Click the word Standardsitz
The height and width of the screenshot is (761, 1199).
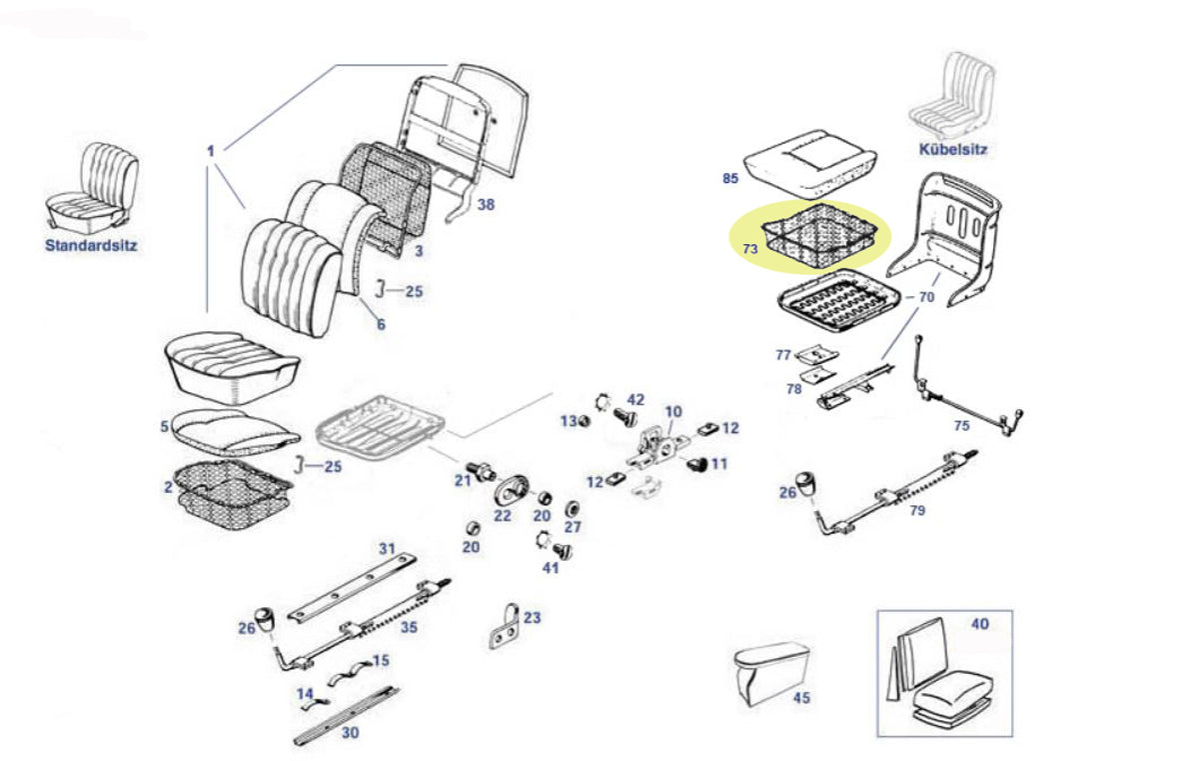click(91, 244)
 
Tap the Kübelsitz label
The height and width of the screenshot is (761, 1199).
click(952, 150)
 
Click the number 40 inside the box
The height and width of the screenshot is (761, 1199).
click(979, 624)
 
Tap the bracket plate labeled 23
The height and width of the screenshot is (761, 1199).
click(509, 628)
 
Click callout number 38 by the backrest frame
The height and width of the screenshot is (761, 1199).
click(486, 205)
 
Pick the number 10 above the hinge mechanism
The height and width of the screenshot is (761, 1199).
click(672, 412)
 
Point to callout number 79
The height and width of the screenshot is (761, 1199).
click(917, 510)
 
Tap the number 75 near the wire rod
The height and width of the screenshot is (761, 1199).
click(960, 425)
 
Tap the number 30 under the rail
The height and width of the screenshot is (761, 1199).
click(350, 733)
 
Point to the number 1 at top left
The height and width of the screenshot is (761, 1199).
click(211, 151)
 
